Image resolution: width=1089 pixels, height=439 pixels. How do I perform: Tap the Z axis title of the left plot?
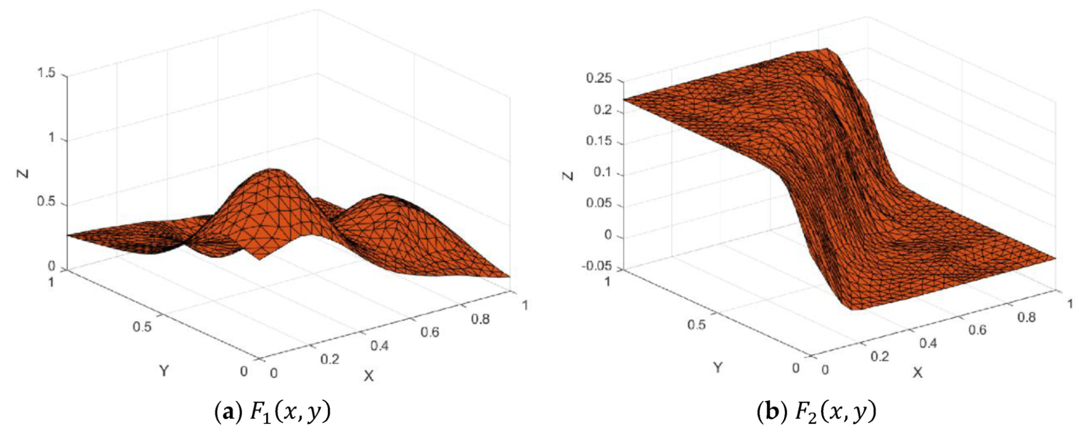(x=24, y=173)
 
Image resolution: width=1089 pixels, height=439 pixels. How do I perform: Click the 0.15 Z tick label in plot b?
(x=599, y=141)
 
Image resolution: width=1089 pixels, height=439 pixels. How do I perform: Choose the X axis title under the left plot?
(x=369, y=376)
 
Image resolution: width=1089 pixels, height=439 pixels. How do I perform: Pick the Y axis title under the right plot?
(x=718, y=367)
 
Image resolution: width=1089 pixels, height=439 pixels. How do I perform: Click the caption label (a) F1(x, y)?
(x=273, y=412)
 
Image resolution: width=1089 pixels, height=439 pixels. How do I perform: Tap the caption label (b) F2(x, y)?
(x=816, y=412)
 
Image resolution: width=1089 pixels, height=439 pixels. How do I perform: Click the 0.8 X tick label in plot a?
(x=481, y=319)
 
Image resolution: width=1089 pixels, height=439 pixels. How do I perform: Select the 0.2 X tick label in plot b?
(x=880, y=357)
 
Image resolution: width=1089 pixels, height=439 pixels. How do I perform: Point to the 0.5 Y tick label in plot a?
(x=142, y=327)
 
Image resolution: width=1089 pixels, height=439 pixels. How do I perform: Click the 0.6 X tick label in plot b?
(x=977, y=329)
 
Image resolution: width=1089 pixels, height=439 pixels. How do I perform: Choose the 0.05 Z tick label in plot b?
(x=599, y=203)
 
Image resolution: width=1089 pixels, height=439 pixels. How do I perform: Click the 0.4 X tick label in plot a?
(x=379, y=346)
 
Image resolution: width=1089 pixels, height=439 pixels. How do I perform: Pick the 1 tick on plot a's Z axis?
(x=52, y=138)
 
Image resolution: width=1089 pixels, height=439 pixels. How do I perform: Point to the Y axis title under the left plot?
(x=164, y=371)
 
